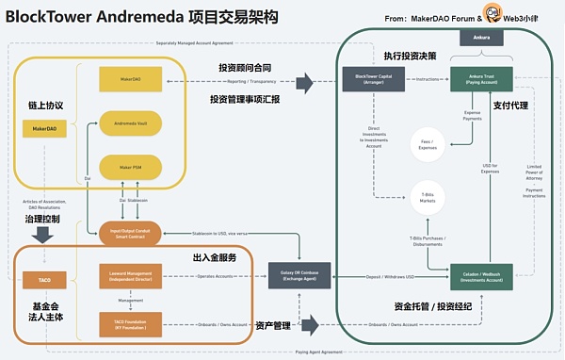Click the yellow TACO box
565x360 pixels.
tap(44, 281)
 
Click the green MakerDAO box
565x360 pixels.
tap(135, 74)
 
